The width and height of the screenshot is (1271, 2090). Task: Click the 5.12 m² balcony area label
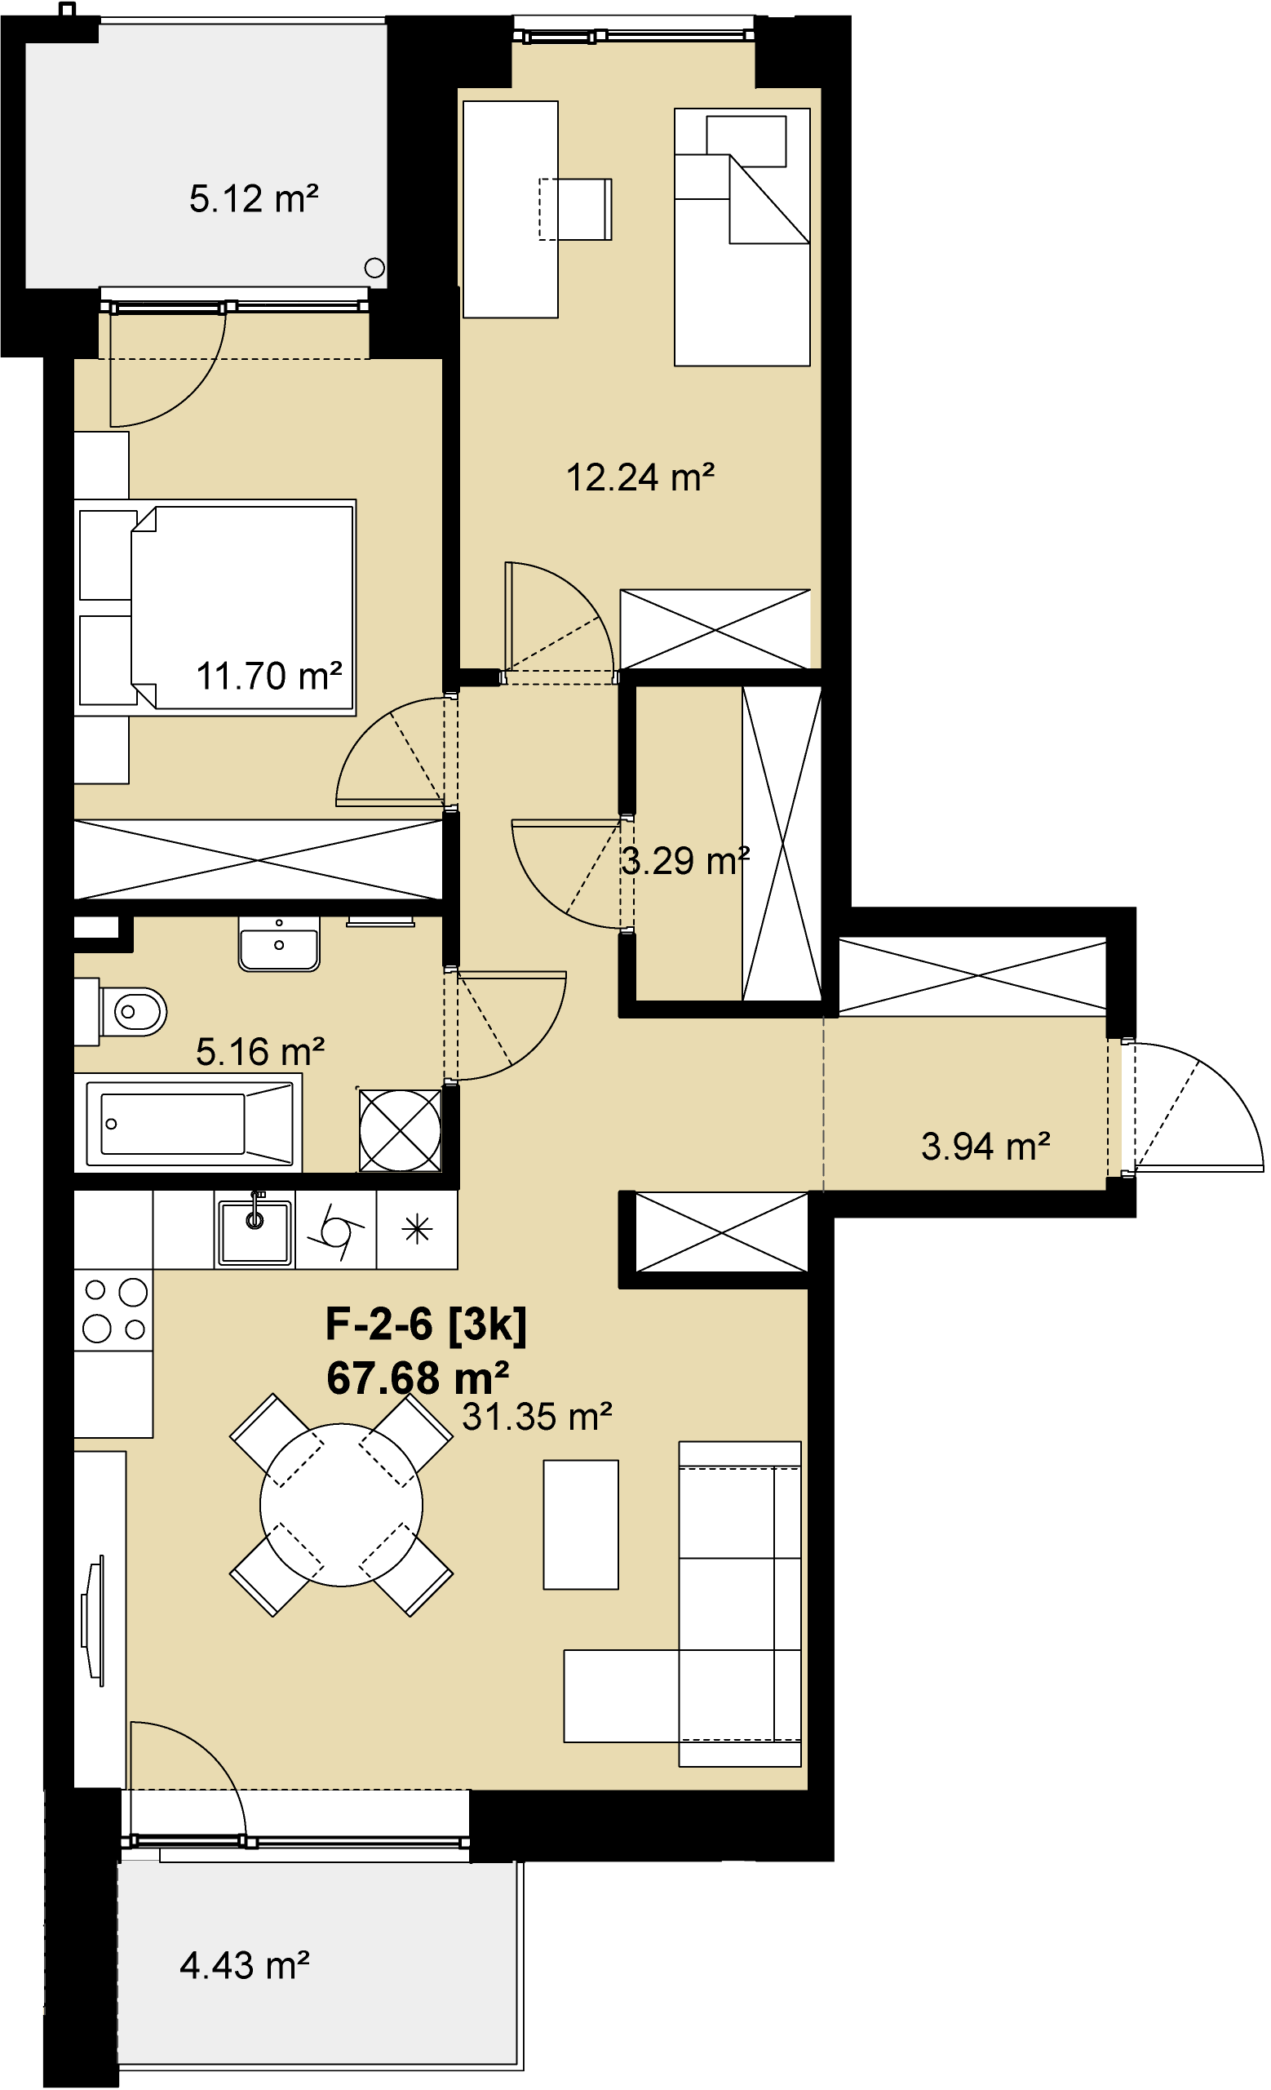[x=254, y=199]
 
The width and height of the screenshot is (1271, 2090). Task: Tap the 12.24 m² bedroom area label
[x=640, y=477]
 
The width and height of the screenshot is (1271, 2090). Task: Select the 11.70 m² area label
[x=268, y=676]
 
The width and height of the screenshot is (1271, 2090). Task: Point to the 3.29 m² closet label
[x=685, y=861]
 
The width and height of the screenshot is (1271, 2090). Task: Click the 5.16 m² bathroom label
[x=260, y=1052]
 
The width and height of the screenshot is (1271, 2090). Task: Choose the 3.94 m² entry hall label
[x=985, y=1147]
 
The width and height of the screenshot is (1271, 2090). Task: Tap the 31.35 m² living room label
[x=537, y=1417]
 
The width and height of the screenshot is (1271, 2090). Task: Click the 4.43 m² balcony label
[x=244, y=1965]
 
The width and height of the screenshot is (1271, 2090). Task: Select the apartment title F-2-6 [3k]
[x=426, y=1324]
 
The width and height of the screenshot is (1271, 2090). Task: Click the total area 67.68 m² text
[x=417, y=1378]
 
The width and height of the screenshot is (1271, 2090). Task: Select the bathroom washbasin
[x=279, y=944]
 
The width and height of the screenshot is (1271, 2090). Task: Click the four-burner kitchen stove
[x=113, y=1310]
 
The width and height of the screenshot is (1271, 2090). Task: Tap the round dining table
[x=341, y=1506]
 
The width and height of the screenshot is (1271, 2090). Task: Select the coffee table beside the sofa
[x=581, y=1524]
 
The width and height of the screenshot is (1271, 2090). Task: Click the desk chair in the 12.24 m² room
[x=576, y=209]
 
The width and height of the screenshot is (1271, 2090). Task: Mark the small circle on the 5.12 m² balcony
[x=374, y=268]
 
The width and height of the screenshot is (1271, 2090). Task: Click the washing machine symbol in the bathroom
[x=401, y=1129]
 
